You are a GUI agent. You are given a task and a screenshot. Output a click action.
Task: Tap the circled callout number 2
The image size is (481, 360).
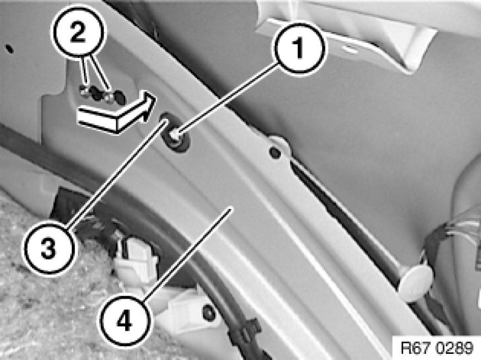pos(78,33)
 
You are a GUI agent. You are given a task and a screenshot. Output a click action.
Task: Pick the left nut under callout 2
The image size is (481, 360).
pos(84,91)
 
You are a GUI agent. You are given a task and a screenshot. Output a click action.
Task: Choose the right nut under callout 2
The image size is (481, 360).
pos(108,96)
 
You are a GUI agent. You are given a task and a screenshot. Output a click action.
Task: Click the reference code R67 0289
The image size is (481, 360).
pos(437,348)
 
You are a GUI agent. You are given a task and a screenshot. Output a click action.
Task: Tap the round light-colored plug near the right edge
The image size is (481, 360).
pos(416,283)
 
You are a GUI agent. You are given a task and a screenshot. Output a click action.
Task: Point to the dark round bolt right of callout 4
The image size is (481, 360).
pos(209,312)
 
